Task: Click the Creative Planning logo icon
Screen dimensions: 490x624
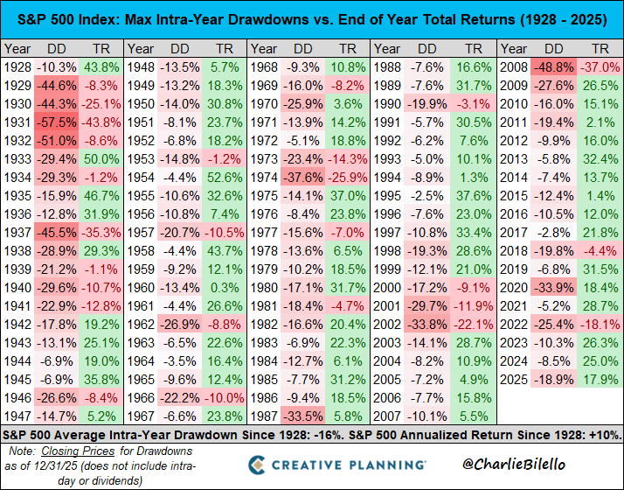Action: (260, 464)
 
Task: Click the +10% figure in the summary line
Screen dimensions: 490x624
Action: (600, 434)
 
